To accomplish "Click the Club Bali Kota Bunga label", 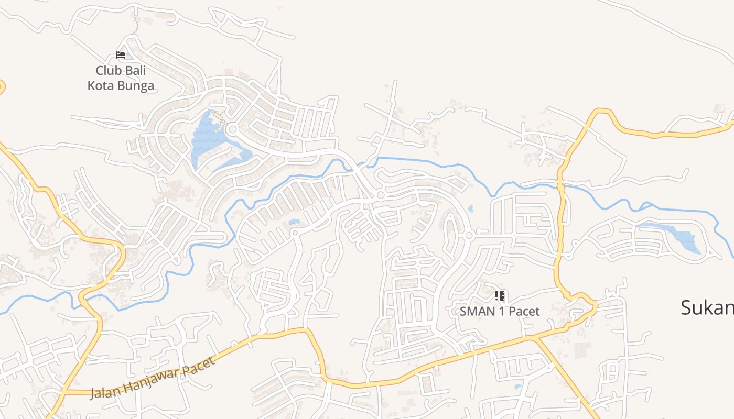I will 121,78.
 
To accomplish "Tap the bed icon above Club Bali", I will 121,54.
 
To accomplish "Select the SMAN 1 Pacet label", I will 500,311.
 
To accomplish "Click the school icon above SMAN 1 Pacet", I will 500,296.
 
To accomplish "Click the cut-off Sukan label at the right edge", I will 707,307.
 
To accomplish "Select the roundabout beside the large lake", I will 233,129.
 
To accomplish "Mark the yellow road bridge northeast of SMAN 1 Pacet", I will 560,184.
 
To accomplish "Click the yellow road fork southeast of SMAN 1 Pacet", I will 535,339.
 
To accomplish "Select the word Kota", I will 101,85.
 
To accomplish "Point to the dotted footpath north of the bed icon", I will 135,26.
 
